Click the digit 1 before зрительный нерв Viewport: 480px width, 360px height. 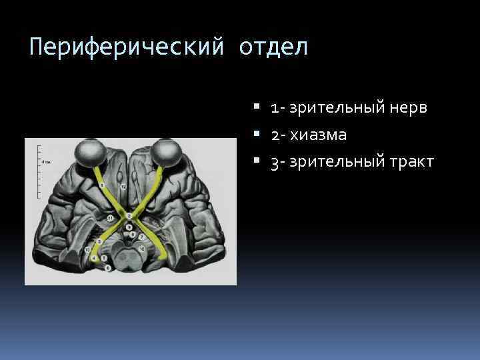tap(274, 108)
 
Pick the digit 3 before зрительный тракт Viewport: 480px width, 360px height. tap(274, 162)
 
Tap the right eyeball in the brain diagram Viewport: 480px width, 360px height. tap(167, 152)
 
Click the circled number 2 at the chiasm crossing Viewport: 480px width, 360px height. tap(128, 216)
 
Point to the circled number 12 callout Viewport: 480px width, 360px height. tap(123, 186)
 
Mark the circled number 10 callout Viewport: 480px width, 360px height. tap(141, 247)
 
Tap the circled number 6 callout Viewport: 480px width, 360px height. tap(108, 267)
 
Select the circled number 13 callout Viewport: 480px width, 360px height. tap(87, 249)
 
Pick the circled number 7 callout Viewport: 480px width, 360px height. tap(142, 237)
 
